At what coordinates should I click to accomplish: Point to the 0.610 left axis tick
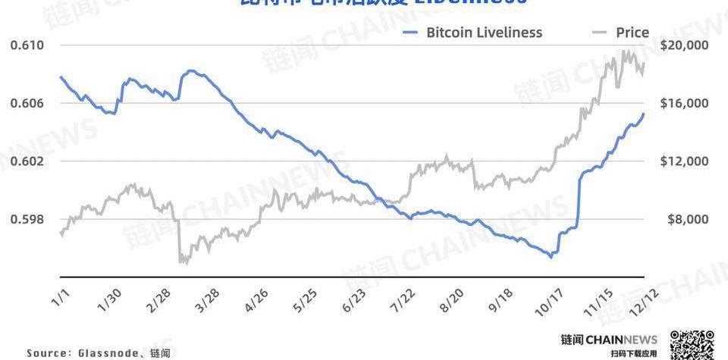[27, 45]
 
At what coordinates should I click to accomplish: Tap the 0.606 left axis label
[27, 103]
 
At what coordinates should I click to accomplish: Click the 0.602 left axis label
[27, 161]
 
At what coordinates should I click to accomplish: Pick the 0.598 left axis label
[27, 219]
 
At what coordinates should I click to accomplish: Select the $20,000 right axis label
[684, 45]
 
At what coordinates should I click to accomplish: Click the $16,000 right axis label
[684, 103]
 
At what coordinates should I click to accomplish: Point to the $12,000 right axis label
[684, 161]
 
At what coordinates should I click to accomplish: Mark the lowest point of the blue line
[551, 258]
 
